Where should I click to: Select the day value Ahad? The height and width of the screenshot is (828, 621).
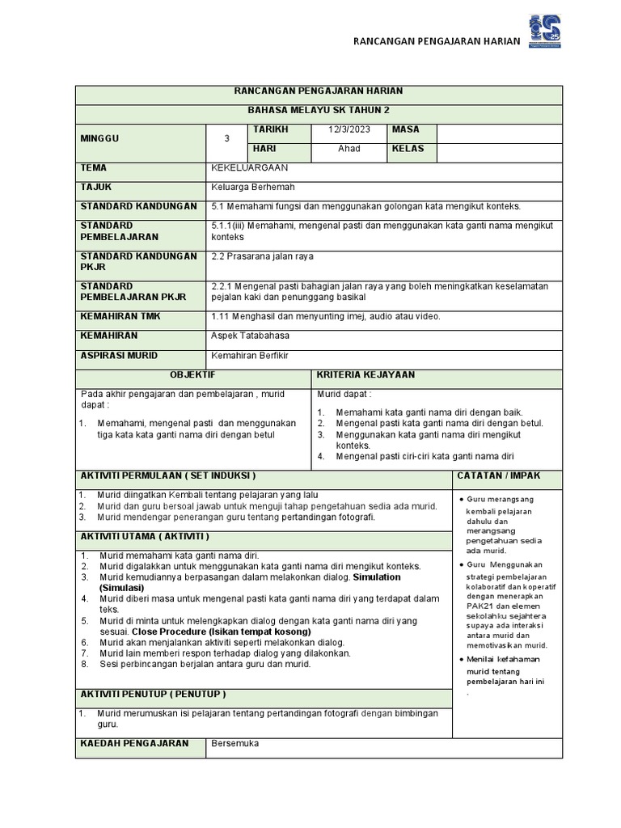(x=349, y=150)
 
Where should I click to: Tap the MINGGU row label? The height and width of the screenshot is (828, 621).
(x=99, y=139)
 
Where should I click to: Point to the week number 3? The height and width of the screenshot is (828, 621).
(x=227, y=139)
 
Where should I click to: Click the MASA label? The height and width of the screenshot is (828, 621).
(x=406, y=130)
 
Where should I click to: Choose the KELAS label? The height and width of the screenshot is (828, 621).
(x=408, y=150)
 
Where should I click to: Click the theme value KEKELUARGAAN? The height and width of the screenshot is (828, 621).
(x=249, y=168)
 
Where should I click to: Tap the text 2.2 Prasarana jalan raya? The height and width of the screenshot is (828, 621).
(x=262, y=256)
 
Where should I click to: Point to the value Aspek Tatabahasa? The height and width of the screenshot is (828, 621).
(x=250, y=336)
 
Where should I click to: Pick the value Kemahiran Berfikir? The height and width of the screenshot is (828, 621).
(x=250, y=356)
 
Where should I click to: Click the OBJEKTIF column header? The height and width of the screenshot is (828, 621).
(x=192, y=376)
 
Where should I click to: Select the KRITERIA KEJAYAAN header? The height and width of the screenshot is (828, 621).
(x=365, y=376)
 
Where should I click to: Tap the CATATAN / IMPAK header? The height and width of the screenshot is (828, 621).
(x=499, y=476)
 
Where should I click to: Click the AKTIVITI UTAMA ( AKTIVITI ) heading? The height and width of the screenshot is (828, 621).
(x=145, y=536)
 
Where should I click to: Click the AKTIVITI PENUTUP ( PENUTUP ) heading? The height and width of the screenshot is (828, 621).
(x=153, y=695)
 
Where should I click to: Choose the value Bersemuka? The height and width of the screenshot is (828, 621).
(x=235, y=744)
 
